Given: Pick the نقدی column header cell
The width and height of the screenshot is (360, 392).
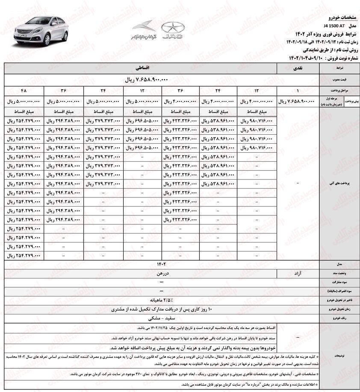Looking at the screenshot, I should point(298,68).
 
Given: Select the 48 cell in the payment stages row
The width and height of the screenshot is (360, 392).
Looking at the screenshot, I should point(24,91).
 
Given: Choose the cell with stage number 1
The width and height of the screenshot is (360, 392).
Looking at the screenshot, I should point(298,91).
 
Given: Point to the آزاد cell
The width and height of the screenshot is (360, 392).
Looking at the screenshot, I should point(298,272).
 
